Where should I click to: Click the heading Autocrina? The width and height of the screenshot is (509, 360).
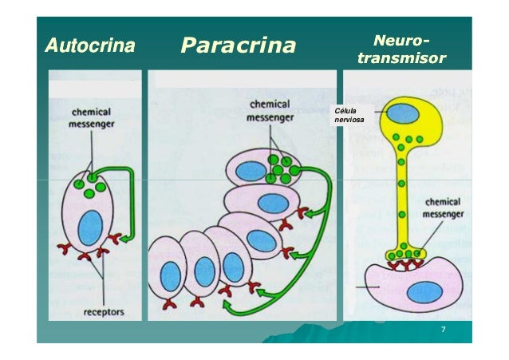[89, 45]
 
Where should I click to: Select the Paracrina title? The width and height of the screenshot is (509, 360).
[238, 45]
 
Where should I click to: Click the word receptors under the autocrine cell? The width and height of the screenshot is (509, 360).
[105, 312]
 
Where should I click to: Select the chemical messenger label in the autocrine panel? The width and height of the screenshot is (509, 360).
[89, 118]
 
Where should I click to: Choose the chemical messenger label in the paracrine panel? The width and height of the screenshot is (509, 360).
[272, 110]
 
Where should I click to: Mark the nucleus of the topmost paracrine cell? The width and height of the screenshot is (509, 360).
[251, 170]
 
